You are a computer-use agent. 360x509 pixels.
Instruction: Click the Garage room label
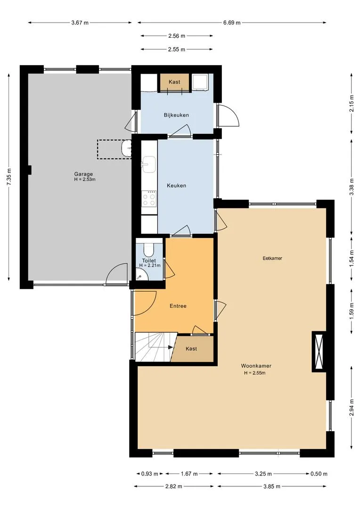pos(83,174)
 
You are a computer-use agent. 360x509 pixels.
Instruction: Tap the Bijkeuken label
pos(176,115)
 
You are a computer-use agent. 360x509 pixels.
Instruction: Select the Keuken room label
pos(177,186)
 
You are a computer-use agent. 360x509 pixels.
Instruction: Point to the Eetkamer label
pos(272,258)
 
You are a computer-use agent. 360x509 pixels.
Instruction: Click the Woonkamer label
pos(256,366)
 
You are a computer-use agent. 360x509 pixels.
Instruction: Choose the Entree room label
pos(178,306)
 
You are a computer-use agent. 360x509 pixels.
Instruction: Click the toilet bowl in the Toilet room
pos(149,250)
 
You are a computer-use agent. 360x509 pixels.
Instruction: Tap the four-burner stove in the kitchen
pos(149,198)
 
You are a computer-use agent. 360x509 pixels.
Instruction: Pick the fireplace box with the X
pos(319,352)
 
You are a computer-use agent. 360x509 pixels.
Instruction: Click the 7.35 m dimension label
pos(9,177)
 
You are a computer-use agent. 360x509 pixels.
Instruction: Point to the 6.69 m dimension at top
pos(232,23)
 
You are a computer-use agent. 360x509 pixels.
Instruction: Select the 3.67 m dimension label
pos(80,23)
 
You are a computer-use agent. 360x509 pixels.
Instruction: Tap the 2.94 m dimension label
pos(352,408)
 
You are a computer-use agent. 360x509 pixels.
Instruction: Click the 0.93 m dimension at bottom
pos(150,474)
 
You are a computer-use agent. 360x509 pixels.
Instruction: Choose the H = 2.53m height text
pos(85,179)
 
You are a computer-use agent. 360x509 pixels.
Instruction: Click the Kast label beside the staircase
pos(191,349)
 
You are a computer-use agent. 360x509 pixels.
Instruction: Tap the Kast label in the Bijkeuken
pos(174,82)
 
